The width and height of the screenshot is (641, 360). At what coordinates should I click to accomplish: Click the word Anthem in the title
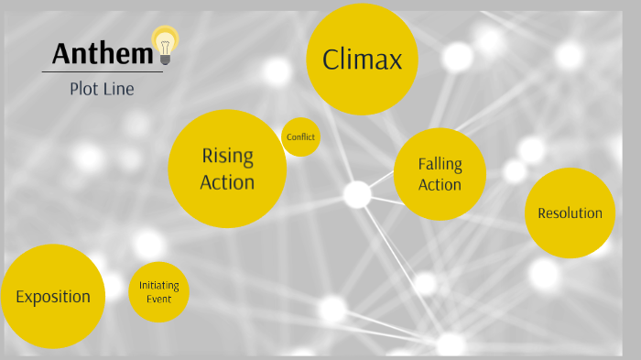[x=101, y=54]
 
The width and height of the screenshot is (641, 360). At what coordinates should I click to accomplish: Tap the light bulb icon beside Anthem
[x=166, y=44]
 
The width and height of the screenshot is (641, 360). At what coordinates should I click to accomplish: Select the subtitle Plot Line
[x=102, y=89]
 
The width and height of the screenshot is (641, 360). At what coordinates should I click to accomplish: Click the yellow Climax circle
[x=362, y=60]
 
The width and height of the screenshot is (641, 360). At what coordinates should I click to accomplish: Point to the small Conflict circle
[x=300, y=137]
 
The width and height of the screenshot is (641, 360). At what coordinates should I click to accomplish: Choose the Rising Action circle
[x=227, y=169]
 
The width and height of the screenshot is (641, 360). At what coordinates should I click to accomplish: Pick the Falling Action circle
[x=440, y=174]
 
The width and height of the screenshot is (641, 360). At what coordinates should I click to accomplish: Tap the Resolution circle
[x=570, y=213]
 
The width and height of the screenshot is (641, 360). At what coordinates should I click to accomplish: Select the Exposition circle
[x=53, y=296]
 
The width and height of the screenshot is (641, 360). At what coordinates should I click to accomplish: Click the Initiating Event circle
[x=159, y=292]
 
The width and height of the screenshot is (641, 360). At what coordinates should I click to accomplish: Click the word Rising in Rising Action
[x=227, y=156]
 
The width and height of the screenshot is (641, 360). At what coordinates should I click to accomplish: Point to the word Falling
[x=440, y=165]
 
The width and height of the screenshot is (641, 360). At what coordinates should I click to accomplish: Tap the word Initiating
[x=159, y=286]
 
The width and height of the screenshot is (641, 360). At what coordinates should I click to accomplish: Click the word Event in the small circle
[x=159, y=299]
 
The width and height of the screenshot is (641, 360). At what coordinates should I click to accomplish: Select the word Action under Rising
[x=227, y=182]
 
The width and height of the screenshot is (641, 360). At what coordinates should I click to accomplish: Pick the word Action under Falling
[x=440, y=185]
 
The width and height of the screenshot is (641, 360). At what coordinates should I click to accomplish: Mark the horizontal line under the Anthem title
[x=102, y=71]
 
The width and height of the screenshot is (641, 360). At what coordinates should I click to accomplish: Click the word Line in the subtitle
[x=120, y=89]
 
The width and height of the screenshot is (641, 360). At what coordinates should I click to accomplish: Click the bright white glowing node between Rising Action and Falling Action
[x=357, y=194]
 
